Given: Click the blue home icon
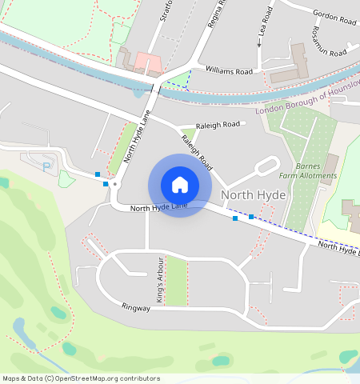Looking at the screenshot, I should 180,185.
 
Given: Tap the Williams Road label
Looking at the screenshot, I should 230,72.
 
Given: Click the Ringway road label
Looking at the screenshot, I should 136,307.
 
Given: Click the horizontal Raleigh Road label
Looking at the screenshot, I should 218,125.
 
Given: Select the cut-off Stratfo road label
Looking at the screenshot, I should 166,14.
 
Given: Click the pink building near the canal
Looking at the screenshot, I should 147,62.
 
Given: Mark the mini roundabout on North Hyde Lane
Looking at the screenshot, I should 115,184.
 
